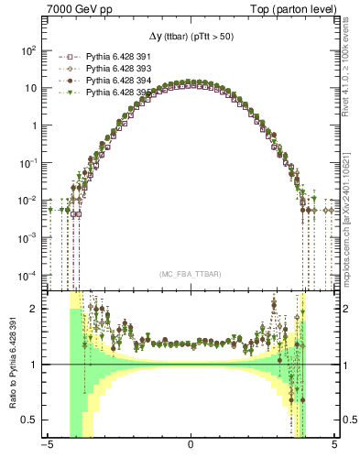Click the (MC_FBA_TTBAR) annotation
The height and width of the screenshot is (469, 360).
[x=190, y=274]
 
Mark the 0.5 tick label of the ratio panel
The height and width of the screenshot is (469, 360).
[x=28, y=420]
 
